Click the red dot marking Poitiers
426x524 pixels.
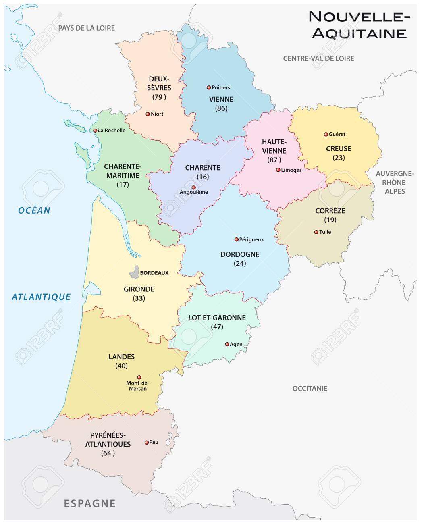point(208,87)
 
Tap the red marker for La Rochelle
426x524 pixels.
point(95,130)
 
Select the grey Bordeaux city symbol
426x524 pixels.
point(134,272)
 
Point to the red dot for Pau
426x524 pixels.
point(146,442)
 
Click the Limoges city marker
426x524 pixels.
point(278,170)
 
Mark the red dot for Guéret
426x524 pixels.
point(326,134)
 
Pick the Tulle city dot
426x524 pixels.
point(316,232)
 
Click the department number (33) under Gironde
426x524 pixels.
point(139,298)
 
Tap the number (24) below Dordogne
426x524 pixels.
point(239,263)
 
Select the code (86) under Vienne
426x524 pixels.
point(221,108)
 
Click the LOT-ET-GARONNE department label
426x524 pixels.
point(217,318)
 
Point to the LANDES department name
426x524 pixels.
point(121,357)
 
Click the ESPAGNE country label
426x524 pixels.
point(89,503)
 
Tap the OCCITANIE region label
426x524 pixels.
point(310,389)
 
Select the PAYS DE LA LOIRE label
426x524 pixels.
point(87,28)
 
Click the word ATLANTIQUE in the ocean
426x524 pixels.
point(41,297)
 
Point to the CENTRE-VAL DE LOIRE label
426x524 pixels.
point(318,58)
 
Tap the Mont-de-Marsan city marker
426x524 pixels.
point(139,377)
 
